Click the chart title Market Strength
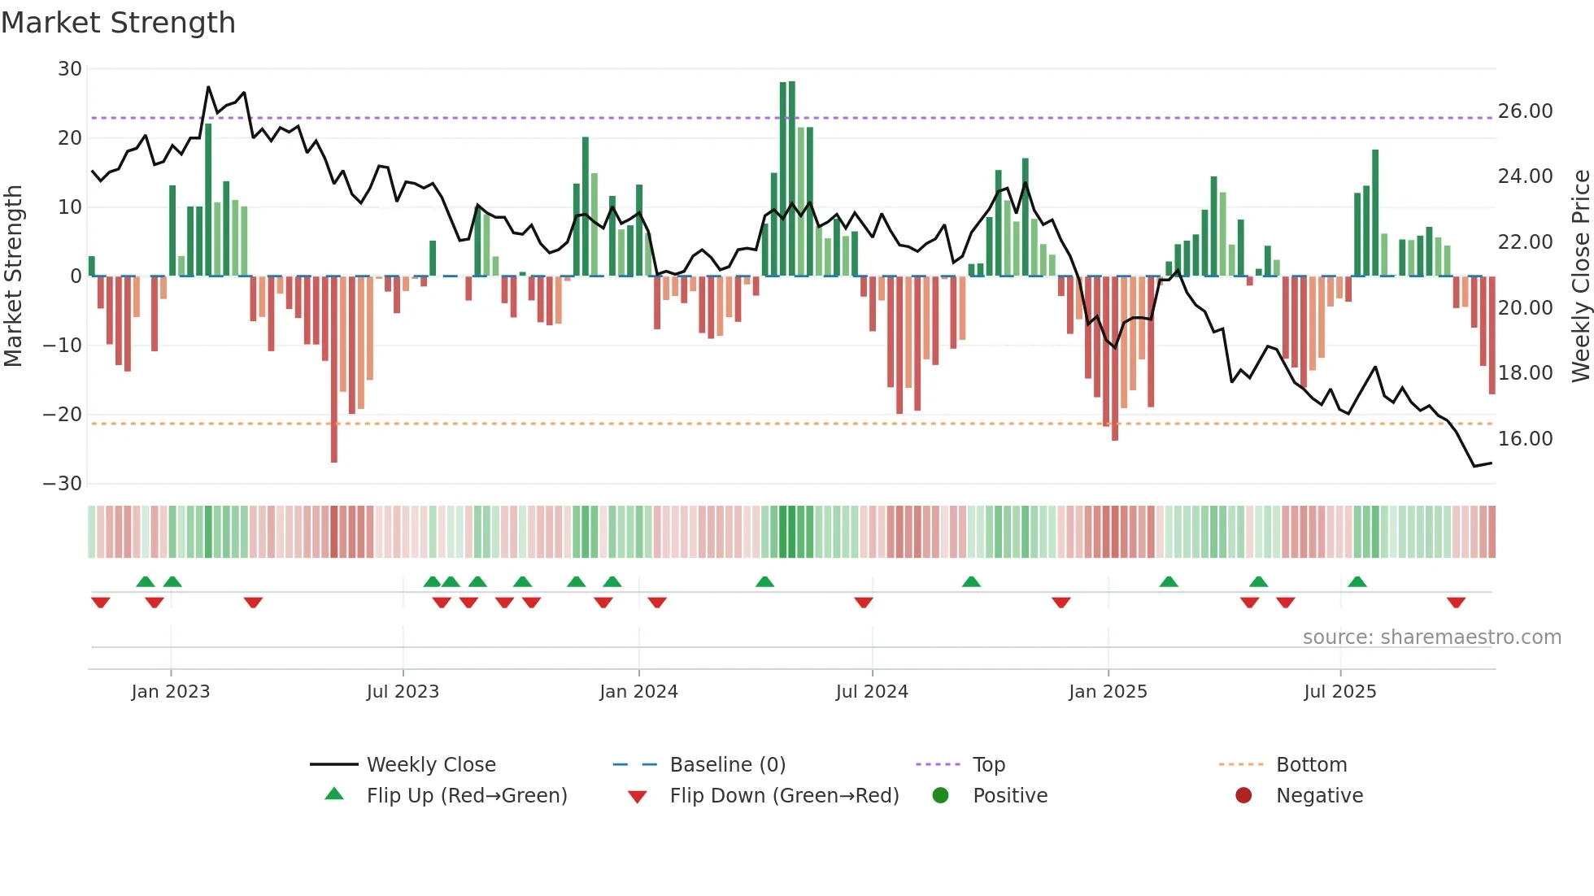coord(118,23)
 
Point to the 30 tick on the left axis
coord(70,69)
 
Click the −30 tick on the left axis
coord(63,484)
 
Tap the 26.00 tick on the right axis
coord(1525,111)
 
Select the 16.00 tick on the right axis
coord(1525,439)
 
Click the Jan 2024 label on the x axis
coord(638,692)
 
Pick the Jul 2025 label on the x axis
coord(1339,692)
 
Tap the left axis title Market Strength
coord(14,276)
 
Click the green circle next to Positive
coord(940,796)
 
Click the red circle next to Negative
coord(1243,796)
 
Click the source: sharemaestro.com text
coord(1431,637)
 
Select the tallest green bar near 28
coord(791,179)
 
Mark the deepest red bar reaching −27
coord(334,370)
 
